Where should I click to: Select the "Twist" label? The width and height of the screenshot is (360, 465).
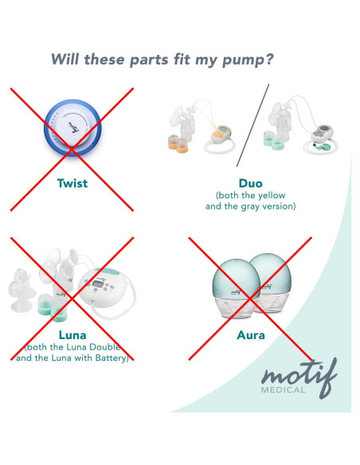coord(72,183)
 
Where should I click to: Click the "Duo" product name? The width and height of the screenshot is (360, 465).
coord(251,183)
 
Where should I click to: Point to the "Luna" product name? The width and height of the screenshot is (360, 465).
coord(72,335)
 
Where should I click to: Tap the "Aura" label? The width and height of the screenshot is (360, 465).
coord(251,335)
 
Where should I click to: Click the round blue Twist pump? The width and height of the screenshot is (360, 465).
coord(72,128)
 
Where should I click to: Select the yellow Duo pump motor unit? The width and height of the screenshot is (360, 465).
coord(221,135)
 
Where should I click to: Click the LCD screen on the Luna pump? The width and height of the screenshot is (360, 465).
coord(97,283)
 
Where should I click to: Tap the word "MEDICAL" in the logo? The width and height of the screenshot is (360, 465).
coord(283,389)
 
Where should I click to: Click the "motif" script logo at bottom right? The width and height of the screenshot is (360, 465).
coord(299,377)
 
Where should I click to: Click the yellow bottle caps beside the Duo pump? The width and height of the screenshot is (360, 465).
coord(178,144)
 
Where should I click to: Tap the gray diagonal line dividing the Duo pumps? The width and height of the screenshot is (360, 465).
coord(253,125)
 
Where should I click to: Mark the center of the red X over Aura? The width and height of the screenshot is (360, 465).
coord(250,299)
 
